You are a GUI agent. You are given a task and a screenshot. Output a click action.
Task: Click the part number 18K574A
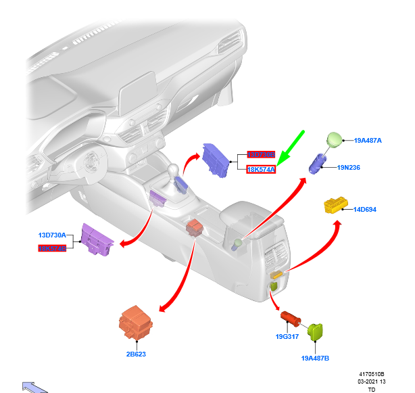[261, 169]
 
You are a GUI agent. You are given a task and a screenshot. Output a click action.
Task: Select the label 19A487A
[368, 141]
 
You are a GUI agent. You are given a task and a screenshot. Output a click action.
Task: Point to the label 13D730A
[53, 235]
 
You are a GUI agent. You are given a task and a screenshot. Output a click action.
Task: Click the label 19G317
[287, 336]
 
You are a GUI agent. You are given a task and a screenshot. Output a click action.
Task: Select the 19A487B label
[315, 358]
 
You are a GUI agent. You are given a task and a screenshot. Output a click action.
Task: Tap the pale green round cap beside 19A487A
[335, 141]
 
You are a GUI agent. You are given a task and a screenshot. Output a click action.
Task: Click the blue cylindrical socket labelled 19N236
[318, 163]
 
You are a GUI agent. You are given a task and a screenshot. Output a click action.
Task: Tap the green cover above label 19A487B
[316, 333]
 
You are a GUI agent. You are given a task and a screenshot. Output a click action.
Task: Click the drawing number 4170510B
[371, 373]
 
